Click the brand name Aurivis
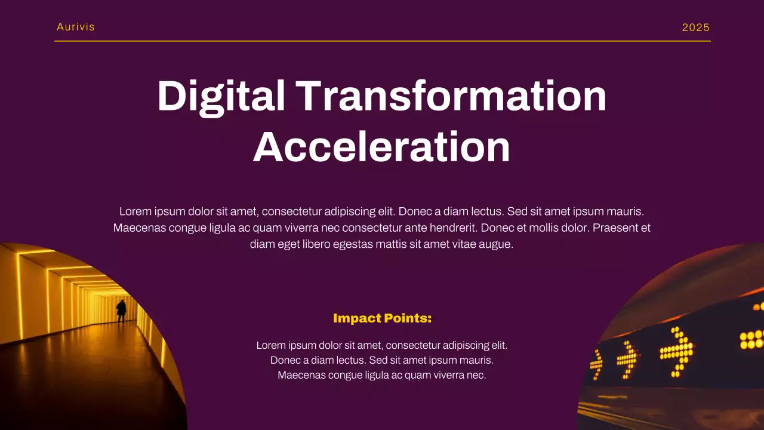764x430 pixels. [x=76, y=27]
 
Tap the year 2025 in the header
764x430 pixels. [x=696, y=27]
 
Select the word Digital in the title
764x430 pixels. [x=221, y=96]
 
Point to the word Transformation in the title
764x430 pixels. [x=451, y=96]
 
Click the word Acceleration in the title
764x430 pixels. [x=382, y=146]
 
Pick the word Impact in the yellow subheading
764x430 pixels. [x=357, y=318]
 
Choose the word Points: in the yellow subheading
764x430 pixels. [x=408, y=318]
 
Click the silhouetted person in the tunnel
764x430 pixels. [x=121, y=311]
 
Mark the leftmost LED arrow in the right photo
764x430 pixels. [x=596, y=364]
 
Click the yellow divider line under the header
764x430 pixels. [x=382, y=41]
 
